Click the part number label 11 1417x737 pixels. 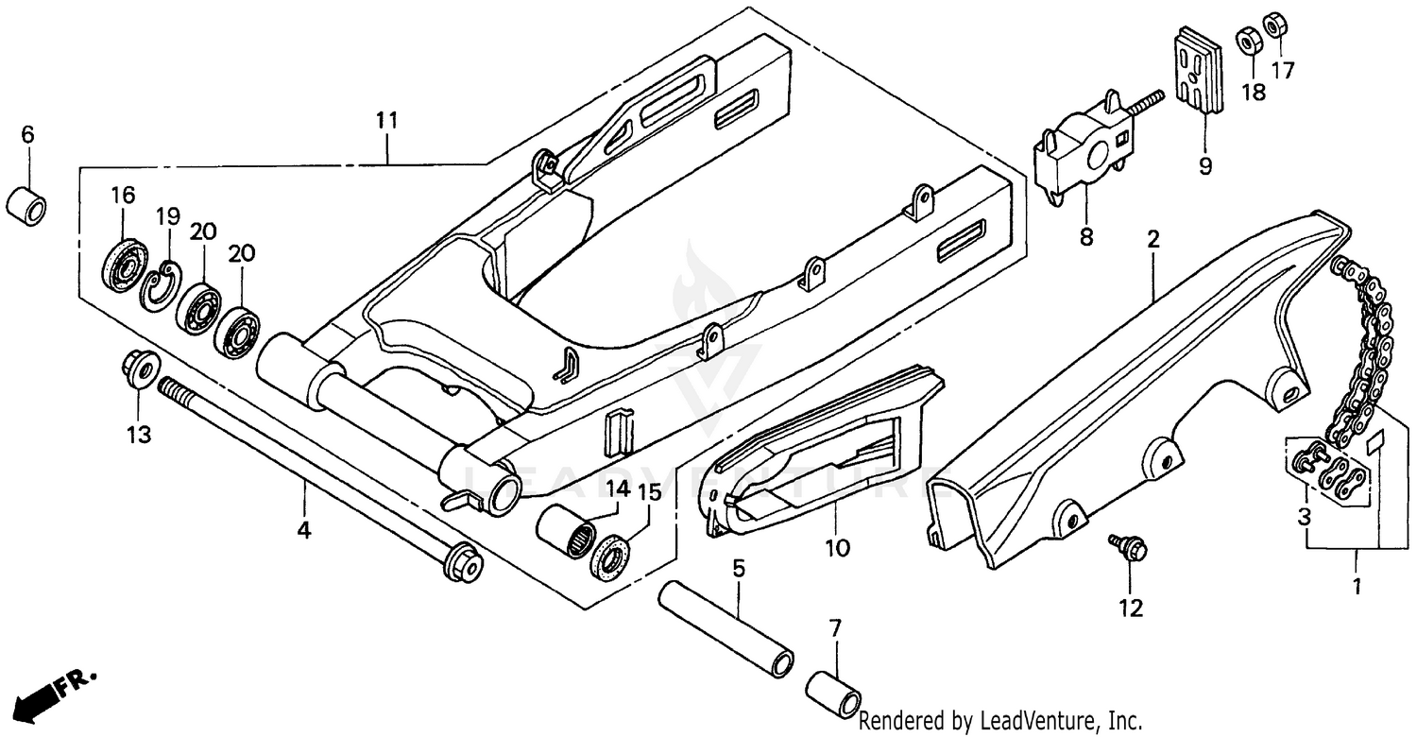tap(385, 121)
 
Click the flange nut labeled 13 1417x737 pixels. tap(140, 368)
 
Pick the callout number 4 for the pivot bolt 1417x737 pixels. tap(303, 531)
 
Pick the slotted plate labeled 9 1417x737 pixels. tap(1198, 72)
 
